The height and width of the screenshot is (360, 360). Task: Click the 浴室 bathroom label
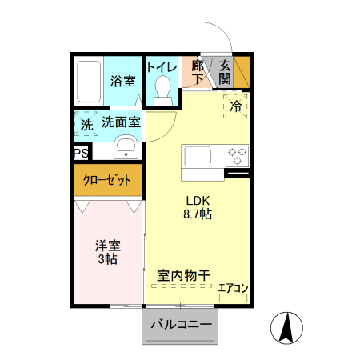point(122,82)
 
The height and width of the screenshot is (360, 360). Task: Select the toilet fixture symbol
point(163,90)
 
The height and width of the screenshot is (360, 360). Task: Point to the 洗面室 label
point(121,122)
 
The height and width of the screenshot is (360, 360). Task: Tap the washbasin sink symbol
point(126,146)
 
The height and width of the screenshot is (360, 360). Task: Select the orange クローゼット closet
point(108,180)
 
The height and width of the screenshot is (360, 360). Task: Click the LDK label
point(198,200)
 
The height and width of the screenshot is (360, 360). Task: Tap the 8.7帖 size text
point(198,214)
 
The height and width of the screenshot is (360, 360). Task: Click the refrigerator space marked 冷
point(236,105)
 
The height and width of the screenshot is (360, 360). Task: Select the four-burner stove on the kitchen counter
point(238,154)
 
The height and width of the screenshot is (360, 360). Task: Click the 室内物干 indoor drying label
point(183,275)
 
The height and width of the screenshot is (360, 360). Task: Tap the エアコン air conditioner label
point(234,288)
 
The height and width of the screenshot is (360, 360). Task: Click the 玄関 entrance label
point(225,72)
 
